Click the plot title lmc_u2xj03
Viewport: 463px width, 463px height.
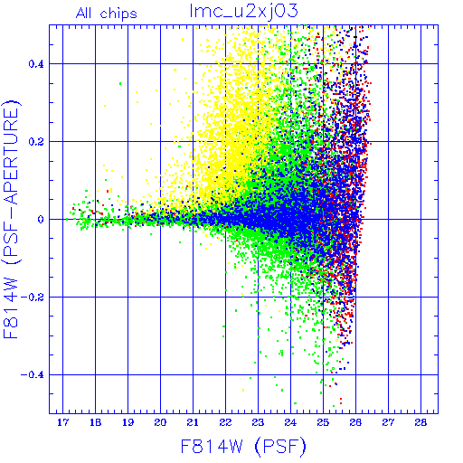point(244,12)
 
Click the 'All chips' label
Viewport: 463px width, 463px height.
point(107,14)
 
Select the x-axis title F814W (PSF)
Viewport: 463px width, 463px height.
point(243,447)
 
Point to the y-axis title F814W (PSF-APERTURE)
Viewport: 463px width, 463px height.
point(11,220)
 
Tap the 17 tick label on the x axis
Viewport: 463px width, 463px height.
point(62,422)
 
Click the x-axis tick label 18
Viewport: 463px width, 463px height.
point(95,422)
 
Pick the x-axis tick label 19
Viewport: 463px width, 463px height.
point(128,422)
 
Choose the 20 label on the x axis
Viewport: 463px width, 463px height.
point(160,422)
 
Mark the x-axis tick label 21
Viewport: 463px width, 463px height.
point(193,422)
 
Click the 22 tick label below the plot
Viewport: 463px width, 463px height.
point(225,422)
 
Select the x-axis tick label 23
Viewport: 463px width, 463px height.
point(258,422)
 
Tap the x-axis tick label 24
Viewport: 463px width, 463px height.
point(290,422)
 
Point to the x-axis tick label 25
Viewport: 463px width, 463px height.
point(323,422)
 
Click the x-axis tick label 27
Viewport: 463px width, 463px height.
point(388,422)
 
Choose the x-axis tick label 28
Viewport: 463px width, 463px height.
point(420,422)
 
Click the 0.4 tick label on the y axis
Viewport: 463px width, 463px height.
point(36,64)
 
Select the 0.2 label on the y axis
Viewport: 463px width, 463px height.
point(36,142)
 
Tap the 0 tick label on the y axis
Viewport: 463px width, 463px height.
point(41,220)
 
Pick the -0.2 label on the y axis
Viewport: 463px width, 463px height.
point(33,298)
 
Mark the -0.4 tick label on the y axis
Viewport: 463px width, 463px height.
point(33,375)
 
